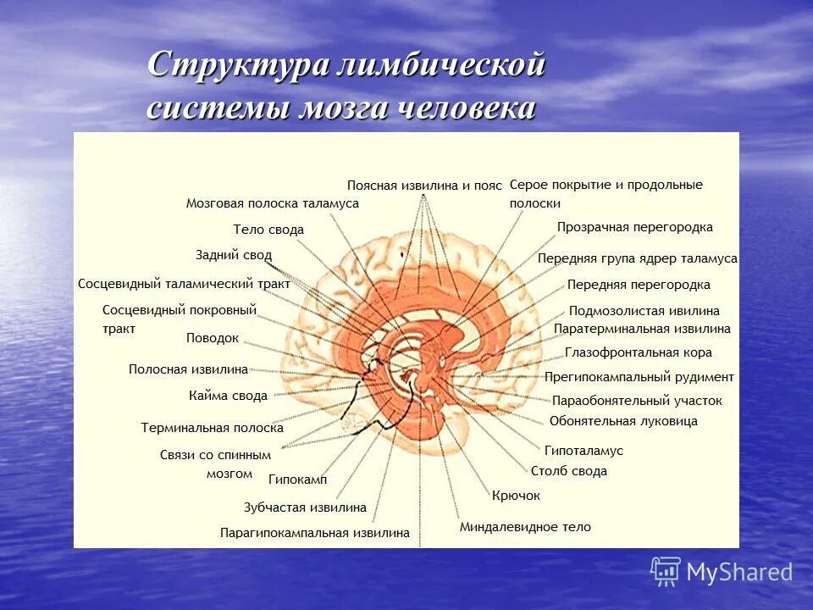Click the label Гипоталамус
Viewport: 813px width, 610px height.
[x=583, y=452]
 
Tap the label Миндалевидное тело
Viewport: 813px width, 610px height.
[x=525, y=527]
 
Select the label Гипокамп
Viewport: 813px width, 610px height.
[x=297, y=480]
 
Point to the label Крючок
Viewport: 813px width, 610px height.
[x=516, y=496]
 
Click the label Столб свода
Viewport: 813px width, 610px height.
[x=569, y=472]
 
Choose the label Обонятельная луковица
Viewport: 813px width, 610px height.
[x=623, y=421]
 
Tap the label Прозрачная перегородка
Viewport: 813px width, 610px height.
[x=634, y=227]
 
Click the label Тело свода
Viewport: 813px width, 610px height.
[x=268, y=230]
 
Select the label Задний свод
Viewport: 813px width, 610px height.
[x=233, y=254]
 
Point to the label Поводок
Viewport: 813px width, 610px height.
[x=213, y=338]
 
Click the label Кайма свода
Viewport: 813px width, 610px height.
[x=228, y=396]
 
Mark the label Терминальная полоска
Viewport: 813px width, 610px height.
[x=212, y=429]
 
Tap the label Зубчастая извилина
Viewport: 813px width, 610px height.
[x=305, y=507]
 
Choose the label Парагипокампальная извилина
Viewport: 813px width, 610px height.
[x=314, y=533]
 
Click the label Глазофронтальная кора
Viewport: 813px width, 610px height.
[x=638, y=352]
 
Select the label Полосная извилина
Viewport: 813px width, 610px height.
[x=188, y=369]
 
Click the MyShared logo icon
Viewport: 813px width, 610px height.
[x=666, y=571]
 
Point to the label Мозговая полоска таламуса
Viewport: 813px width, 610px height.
[x=272, y=203]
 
